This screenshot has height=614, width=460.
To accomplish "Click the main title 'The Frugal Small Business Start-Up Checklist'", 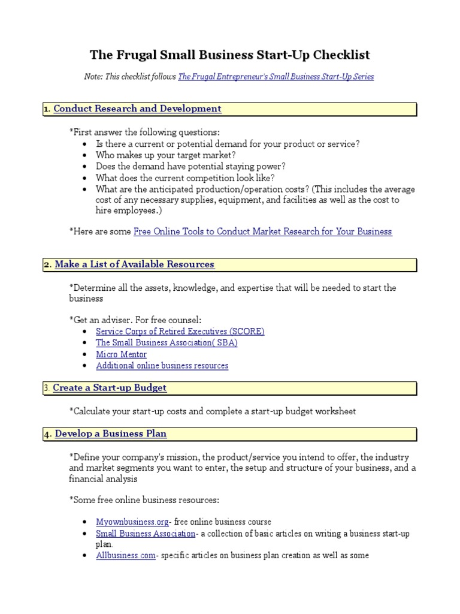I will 230,55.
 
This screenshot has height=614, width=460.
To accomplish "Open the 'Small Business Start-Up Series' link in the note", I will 276,77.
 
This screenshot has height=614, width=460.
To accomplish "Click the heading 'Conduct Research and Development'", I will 137,109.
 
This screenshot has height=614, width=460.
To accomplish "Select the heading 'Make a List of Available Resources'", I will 134,264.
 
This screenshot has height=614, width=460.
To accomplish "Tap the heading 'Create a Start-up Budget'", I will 110,388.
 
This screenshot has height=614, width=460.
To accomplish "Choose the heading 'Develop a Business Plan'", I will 111,434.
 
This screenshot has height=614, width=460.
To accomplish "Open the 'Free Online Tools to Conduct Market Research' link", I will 262,231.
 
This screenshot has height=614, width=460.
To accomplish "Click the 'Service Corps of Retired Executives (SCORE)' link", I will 180,331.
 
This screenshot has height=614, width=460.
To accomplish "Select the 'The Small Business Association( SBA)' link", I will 167,342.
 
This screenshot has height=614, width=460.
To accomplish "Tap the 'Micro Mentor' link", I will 121,354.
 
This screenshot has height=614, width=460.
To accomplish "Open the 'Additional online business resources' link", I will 162,365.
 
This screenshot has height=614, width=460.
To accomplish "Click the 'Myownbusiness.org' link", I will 132,522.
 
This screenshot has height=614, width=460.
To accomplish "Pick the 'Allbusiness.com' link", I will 125,555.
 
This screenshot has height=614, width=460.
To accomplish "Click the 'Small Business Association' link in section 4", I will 146,533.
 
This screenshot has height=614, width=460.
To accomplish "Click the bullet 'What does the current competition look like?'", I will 185,178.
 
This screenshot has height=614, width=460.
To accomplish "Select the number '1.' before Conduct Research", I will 47,109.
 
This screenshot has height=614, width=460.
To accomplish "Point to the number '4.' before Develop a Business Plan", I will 48,434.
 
